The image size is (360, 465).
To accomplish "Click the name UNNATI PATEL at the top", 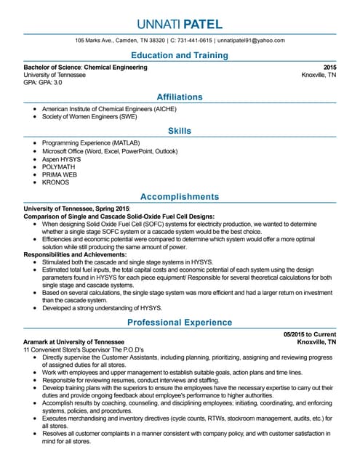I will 180,24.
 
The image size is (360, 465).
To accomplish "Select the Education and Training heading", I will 180,55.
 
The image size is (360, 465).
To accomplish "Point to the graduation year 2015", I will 329,67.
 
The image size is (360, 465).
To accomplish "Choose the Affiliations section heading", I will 180,97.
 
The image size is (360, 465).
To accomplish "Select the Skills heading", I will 180,131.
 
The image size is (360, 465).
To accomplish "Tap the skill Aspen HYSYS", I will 62,158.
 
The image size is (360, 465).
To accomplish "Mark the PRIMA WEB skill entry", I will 60,174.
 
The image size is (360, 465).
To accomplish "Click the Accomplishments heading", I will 180,197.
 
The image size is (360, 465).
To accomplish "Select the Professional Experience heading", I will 180,322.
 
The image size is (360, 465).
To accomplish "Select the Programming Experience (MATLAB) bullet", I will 91,142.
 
